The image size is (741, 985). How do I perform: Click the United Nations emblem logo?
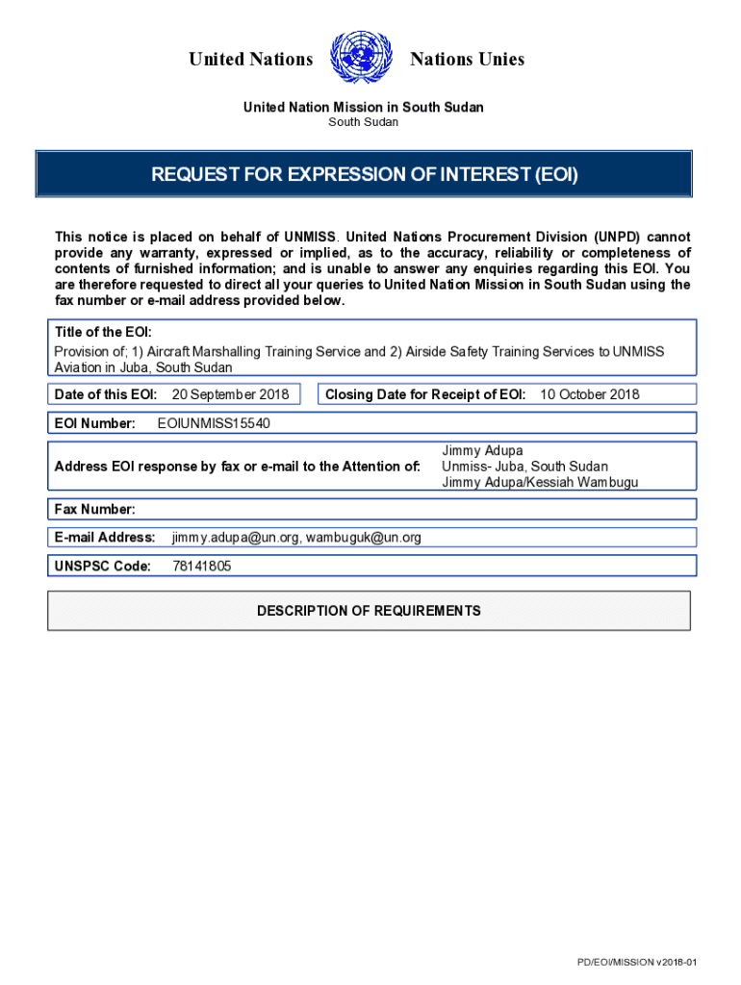pyautogui.click(x=361, y=59)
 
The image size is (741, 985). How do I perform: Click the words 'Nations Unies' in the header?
pyautogui.click(x=467, y=60)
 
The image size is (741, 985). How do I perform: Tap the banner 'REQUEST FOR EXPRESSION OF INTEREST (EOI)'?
pyautogui.click(x=364, y=175)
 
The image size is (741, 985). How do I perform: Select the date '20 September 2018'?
pyautogui.click(x=230, y=394)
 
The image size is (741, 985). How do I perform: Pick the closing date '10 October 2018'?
pyautogui.click(x=590, y=394)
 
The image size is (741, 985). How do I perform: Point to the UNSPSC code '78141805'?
pyautogui.click(x=201, y=567)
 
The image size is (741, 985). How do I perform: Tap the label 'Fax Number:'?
pyautogui.click(x=94, y=509)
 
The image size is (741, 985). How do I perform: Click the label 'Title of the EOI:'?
pyautogui.click(x=103, y=332)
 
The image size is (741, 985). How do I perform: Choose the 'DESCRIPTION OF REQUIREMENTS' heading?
pyautogui.click(x=369, y=611)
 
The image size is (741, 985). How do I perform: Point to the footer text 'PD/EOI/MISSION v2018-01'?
pyautogui.click(x=636, y=962)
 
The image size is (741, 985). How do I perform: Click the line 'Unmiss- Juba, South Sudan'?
pyautogui.click(x=524, y=467)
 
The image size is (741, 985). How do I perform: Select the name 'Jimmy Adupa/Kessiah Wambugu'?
pyautogui.click(x=540, y=483)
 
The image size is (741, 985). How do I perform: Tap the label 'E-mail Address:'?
pyautogui.click(x=105, y=537)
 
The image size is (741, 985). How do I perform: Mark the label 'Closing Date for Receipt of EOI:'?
pyautogui.click(x=425, y=394)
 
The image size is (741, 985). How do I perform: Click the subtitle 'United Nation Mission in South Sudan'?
pyautogui.click(x=363, y=107)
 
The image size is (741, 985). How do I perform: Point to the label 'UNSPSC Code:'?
pyautogui.click(x=103, y=567)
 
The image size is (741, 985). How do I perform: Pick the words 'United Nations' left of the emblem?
pyautogui.click(x=251, y=60)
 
